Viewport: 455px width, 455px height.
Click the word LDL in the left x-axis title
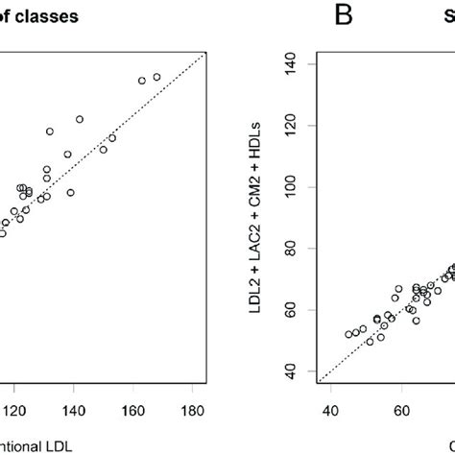click(58, 445)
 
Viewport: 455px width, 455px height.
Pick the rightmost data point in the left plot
click(156, 77)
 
